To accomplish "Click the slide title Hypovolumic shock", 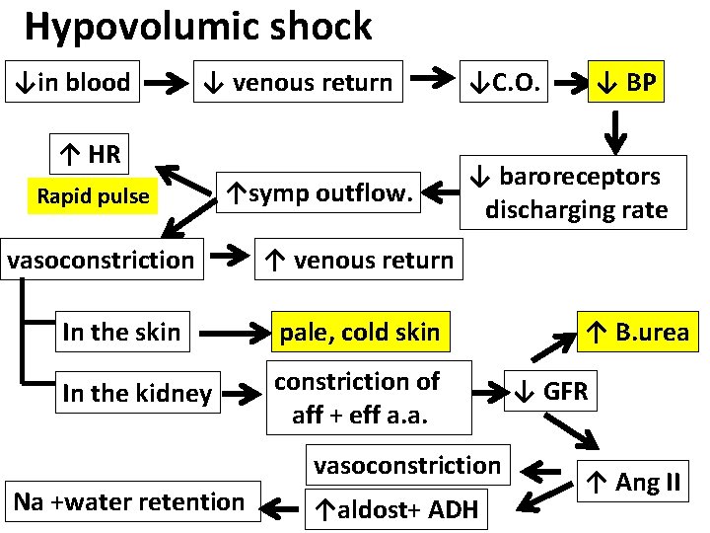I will (x=198, y=27).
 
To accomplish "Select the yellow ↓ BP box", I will (x=626, y=82).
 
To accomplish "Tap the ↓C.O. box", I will (x=504, y=82).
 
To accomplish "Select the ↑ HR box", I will (x=89, y=154).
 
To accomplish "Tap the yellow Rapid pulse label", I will (x=93, y=196).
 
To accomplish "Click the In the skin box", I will (x=121, y=332).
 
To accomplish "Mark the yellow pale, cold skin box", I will (x=359, y=333).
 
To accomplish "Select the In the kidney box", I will (x=136, y=394).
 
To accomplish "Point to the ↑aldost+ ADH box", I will (x=396, y=509).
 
